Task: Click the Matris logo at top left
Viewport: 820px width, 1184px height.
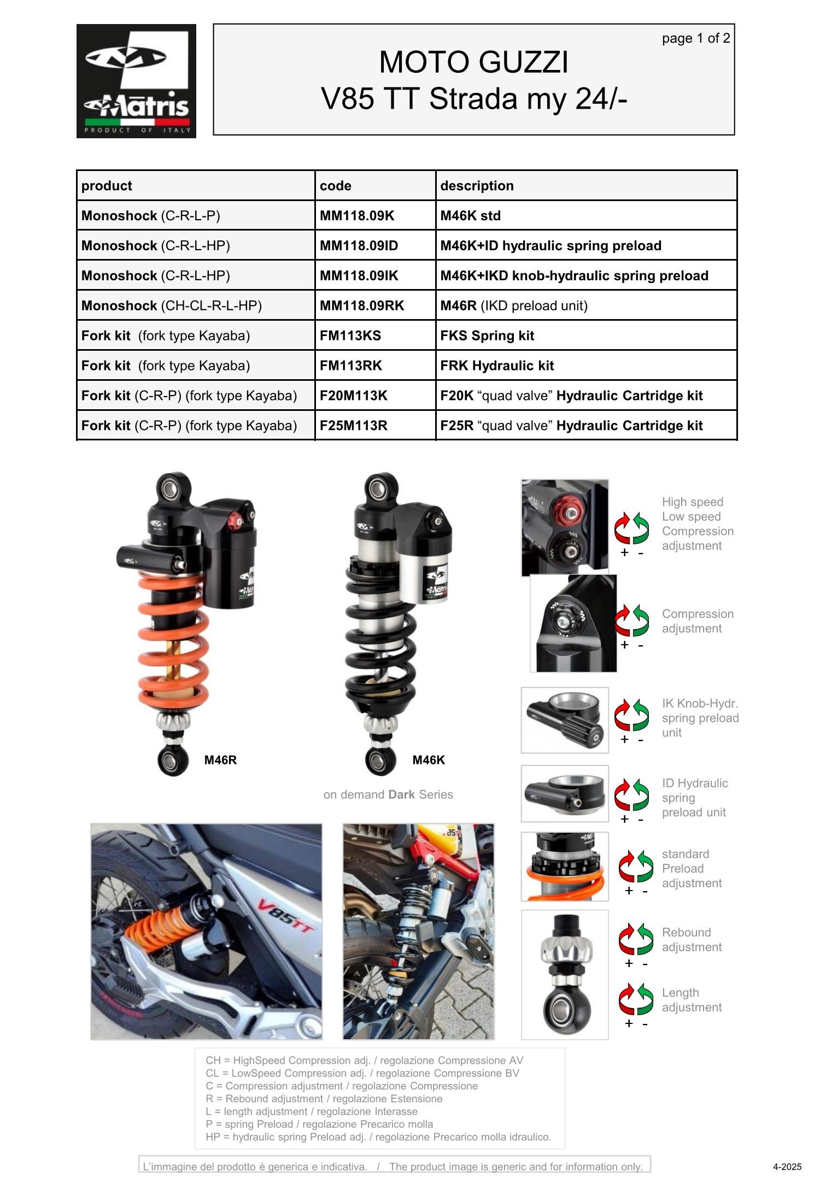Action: (x=136, y=81)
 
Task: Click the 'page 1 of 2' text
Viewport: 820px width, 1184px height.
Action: (x=695, y=38)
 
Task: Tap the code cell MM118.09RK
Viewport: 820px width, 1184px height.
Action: (x=362, y=305)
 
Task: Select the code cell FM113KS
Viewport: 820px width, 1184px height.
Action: (x=350, y=335)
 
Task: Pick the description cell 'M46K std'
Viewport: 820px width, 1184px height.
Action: (x=470, y=216)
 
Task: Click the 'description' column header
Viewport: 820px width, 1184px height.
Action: (x=477, y=186)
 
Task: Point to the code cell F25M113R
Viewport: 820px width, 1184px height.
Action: (x=353, y=426)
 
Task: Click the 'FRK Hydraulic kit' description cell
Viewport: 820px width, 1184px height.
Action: (x=497, y=366)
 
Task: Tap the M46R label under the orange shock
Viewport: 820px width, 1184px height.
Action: (x=220, y=760)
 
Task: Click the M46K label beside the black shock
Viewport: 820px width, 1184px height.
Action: (x=428, y=760)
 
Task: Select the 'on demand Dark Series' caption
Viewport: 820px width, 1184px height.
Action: (x=388, y=794)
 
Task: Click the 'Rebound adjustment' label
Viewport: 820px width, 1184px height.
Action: (x=691, y=940)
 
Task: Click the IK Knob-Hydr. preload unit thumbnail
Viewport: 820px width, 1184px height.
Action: (x=565, y=720)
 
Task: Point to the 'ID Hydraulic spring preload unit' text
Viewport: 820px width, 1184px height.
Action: (x=694, y=798)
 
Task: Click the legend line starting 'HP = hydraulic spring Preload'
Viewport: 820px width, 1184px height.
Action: (x=378, y=1137)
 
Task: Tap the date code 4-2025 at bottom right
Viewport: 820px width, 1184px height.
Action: (x=787, y=1167)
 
